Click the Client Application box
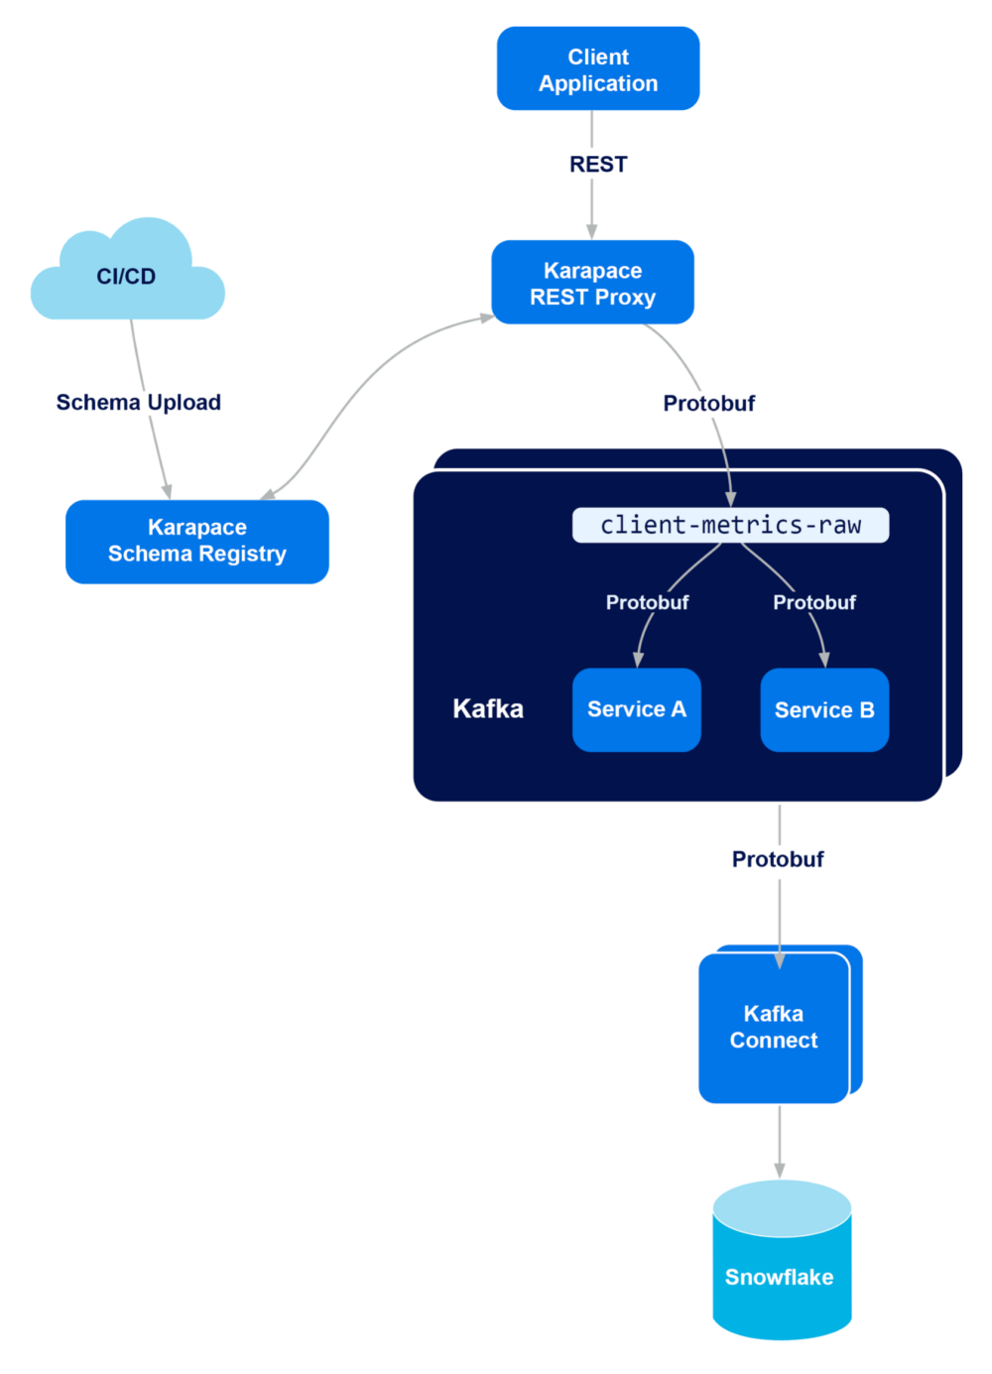point(598,69)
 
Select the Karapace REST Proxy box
point(592,283)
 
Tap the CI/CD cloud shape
point(127,275)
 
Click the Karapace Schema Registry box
point(196,541)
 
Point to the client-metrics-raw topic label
point(730,525)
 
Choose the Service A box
point(636,709)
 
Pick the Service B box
point(823,710)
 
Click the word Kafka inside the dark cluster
point(487,708)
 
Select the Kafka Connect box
point(773,1027)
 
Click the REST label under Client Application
point(598,165)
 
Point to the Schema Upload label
point(139,402)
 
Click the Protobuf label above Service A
point(647,602)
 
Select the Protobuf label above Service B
point(814,602)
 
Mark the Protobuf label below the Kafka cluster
point(778,859)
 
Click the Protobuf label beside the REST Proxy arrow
point(709,403)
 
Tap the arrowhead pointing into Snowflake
point(780,1170)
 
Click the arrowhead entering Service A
point(639,659)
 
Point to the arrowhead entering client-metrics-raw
point(731,498)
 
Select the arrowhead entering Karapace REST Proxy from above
point(592,230)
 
